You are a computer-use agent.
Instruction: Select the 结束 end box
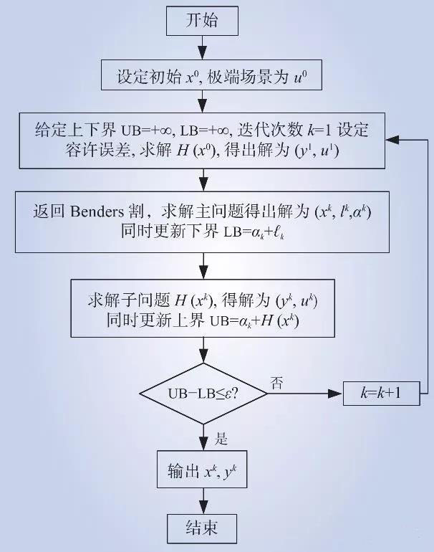[203, 529]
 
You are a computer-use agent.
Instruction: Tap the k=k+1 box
[382, 394]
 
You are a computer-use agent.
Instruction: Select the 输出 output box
[203, 470]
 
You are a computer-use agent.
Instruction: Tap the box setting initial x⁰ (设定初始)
[203, 77]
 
